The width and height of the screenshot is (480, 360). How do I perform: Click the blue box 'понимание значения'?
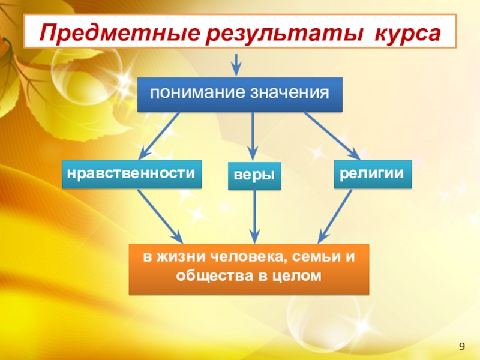click(x=240, y=94)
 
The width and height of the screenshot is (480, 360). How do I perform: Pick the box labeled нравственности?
click(x=131, y=174)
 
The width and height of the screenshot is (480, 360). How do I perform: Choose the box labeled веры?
click(x=254, y=176)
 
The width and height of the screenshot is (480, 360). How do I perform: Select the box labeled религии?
click(x=372, y=174)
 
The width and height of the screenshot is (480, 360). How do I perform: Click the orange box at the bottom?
click(x=249, y=269)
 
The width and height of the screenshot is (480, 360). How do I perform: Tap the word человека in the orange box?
click(x=243, y=259)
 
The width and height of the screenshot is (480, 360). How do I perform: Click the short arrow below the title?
click(x=237, y=63)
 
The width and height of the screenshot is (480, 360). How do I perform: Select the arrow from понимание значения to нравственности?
click(x=159, y=136)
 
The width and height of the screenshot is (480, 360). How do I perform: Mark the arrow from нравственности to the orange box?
click(x=159, y=215)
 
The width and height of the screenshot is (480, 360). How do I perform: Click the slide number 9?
click(x=462, y=346)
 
